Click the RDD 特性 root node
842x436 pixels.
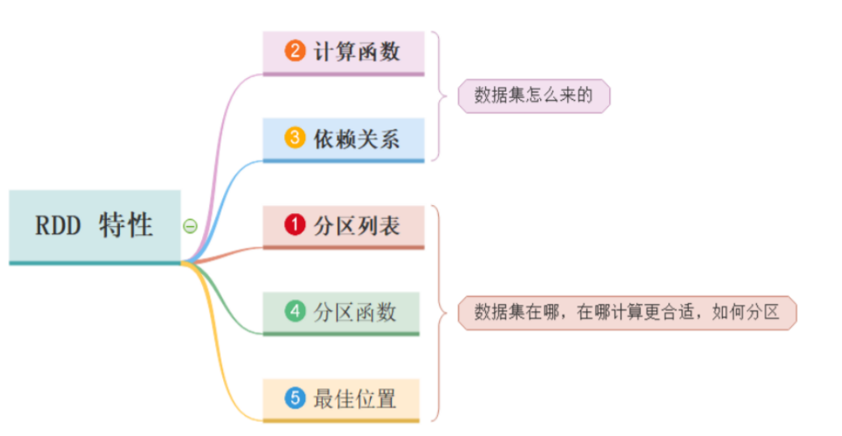94,225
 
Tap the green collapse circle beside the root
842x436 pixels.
190,226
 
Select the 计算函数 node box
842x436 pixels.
343,52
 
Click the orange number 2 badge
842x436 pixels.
294,51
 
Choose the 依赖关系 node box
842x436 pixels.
343,139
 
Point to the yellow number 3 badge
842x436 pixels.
294,138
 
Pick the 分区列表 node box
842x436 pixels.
343,225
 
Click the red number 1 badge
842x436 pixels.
294,224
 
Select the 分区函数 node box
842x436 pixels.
341,312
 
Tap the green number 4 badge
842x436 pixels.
294,311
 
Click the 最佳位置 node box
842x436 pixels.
341,399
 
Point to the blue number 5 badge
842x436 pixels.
294,398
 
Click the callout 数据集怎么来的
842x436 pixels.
533,96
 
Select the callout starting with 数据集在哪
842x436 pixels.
627,313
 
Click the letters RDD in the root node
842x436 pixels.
58,226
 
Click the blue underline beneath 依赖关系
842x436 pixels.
343,160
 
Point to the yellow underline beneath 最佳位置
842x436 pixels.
341,420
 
